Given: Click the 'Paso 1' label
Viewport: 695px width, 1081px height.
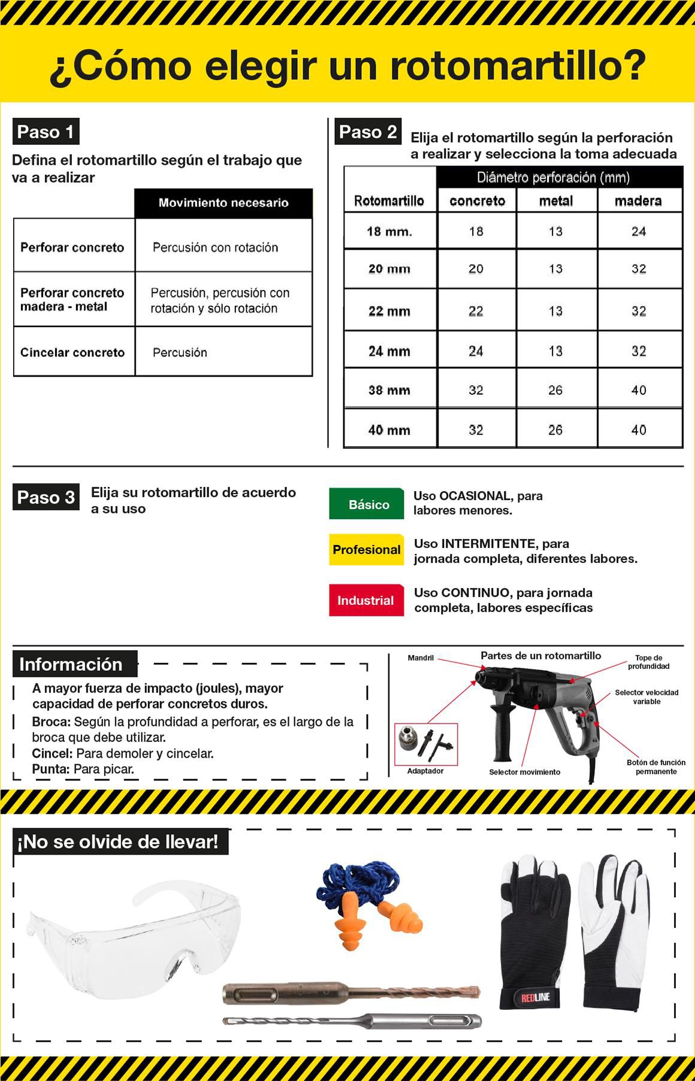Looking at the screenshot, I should tap(46, 132).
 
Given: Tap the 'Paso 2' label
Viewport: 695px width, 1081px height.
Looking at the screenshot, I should tap(368, 132).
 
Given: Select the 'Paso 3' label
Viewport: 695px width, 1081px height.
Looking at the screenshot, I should tap(46, 497).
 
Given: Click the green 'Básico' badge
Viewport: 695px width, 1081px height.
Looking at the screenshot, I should tap(367, 504).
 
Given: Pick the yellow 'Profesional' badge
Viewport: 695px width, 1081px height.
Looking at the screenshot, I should tap(366, 550).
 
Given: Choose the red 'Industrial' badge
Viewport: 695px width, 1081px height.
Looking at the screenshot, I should tap(365, 600).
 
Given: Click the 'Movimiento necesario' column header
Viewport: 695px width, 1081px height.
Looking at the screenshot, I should tap(223, 203).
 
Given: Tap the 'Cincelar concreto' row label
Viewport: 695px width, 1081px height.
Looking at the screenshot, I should tap(72, 352).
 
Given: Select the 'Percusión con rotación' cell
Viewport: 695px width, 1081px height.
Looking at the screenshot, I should tap(215, 247).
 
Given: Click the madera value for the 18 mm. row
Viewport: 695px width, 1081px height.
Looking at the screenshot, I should tap(639, 231).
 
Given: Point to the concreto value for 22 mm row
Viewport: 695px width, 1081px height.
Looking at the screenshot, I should tap(476, 311).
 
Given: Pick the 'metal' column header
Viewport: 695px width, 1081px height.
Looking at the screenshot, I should tap(556, 201).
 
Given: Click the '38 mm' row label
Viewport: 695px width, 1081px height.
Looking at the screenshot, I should tap(389, 390).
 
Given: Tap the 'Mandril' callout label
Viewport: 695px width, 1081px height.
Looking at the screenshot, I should tap(421, 658).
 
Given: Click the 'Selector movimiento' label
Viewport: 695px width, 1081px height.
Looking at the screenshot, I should tap(524, 772).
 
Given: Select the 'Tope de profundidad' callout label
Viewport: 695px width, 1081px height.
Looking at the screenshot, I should tap(648, 662).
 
